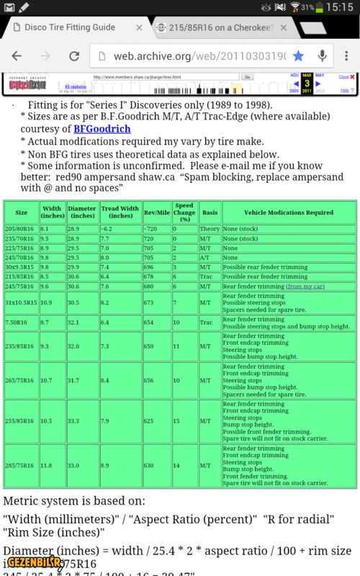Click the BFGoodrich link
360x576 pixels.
102,129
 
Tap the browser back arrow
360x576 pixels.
17,55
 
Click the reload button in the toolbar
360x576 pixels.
73,55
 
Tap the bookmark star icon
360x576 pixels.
298,55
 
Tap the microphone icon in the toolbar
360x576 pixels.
322,55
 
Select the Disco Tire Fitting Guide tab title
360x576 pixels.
69,27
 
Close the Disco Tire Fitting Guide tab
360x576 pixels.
139,27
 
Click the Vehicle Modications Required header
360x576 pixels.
288,212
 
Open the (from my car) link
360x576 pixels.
305,286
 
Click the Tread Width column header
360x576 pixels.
120,212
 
